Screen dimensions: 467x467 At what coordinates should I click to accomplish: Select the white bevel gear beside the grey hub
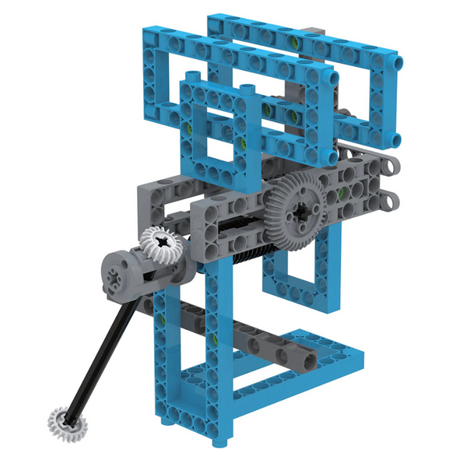[161, 242]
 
